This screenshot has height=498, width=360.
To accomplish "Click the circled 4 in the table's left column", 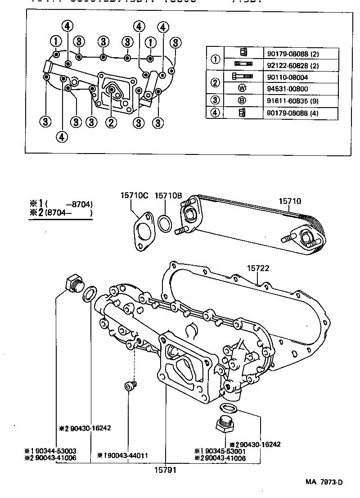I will [x=215, y=113].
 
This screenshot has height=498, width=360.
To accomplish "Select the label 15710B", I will [x=168, y=195].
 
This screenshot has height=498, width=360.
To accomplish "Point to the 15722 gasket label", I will [x=258, y=268].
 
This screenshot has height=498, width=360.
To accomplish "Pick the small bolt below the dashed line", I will [x=130, y=386].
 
